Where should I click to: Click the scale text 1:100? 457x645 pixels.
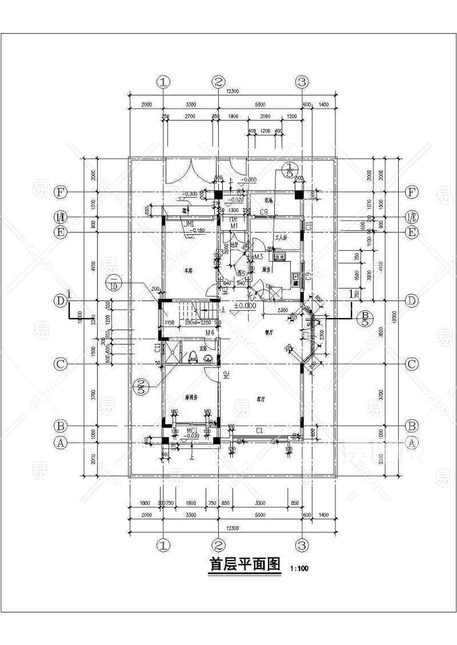tap(299, 569)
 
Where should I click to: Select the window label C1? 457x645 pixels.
tap(259, 430)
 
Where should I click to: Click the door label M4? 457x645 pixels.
tap(209, 332)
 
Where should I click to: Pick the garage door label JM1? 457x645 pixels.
tap(189, 223)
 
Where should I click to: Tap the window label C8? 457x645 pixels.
tap(264, 213)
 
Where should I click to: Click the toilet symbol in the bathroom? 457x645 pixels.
tap(193, 356)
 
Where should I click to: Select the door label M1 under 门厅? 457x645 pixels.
tap(234, 227)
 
